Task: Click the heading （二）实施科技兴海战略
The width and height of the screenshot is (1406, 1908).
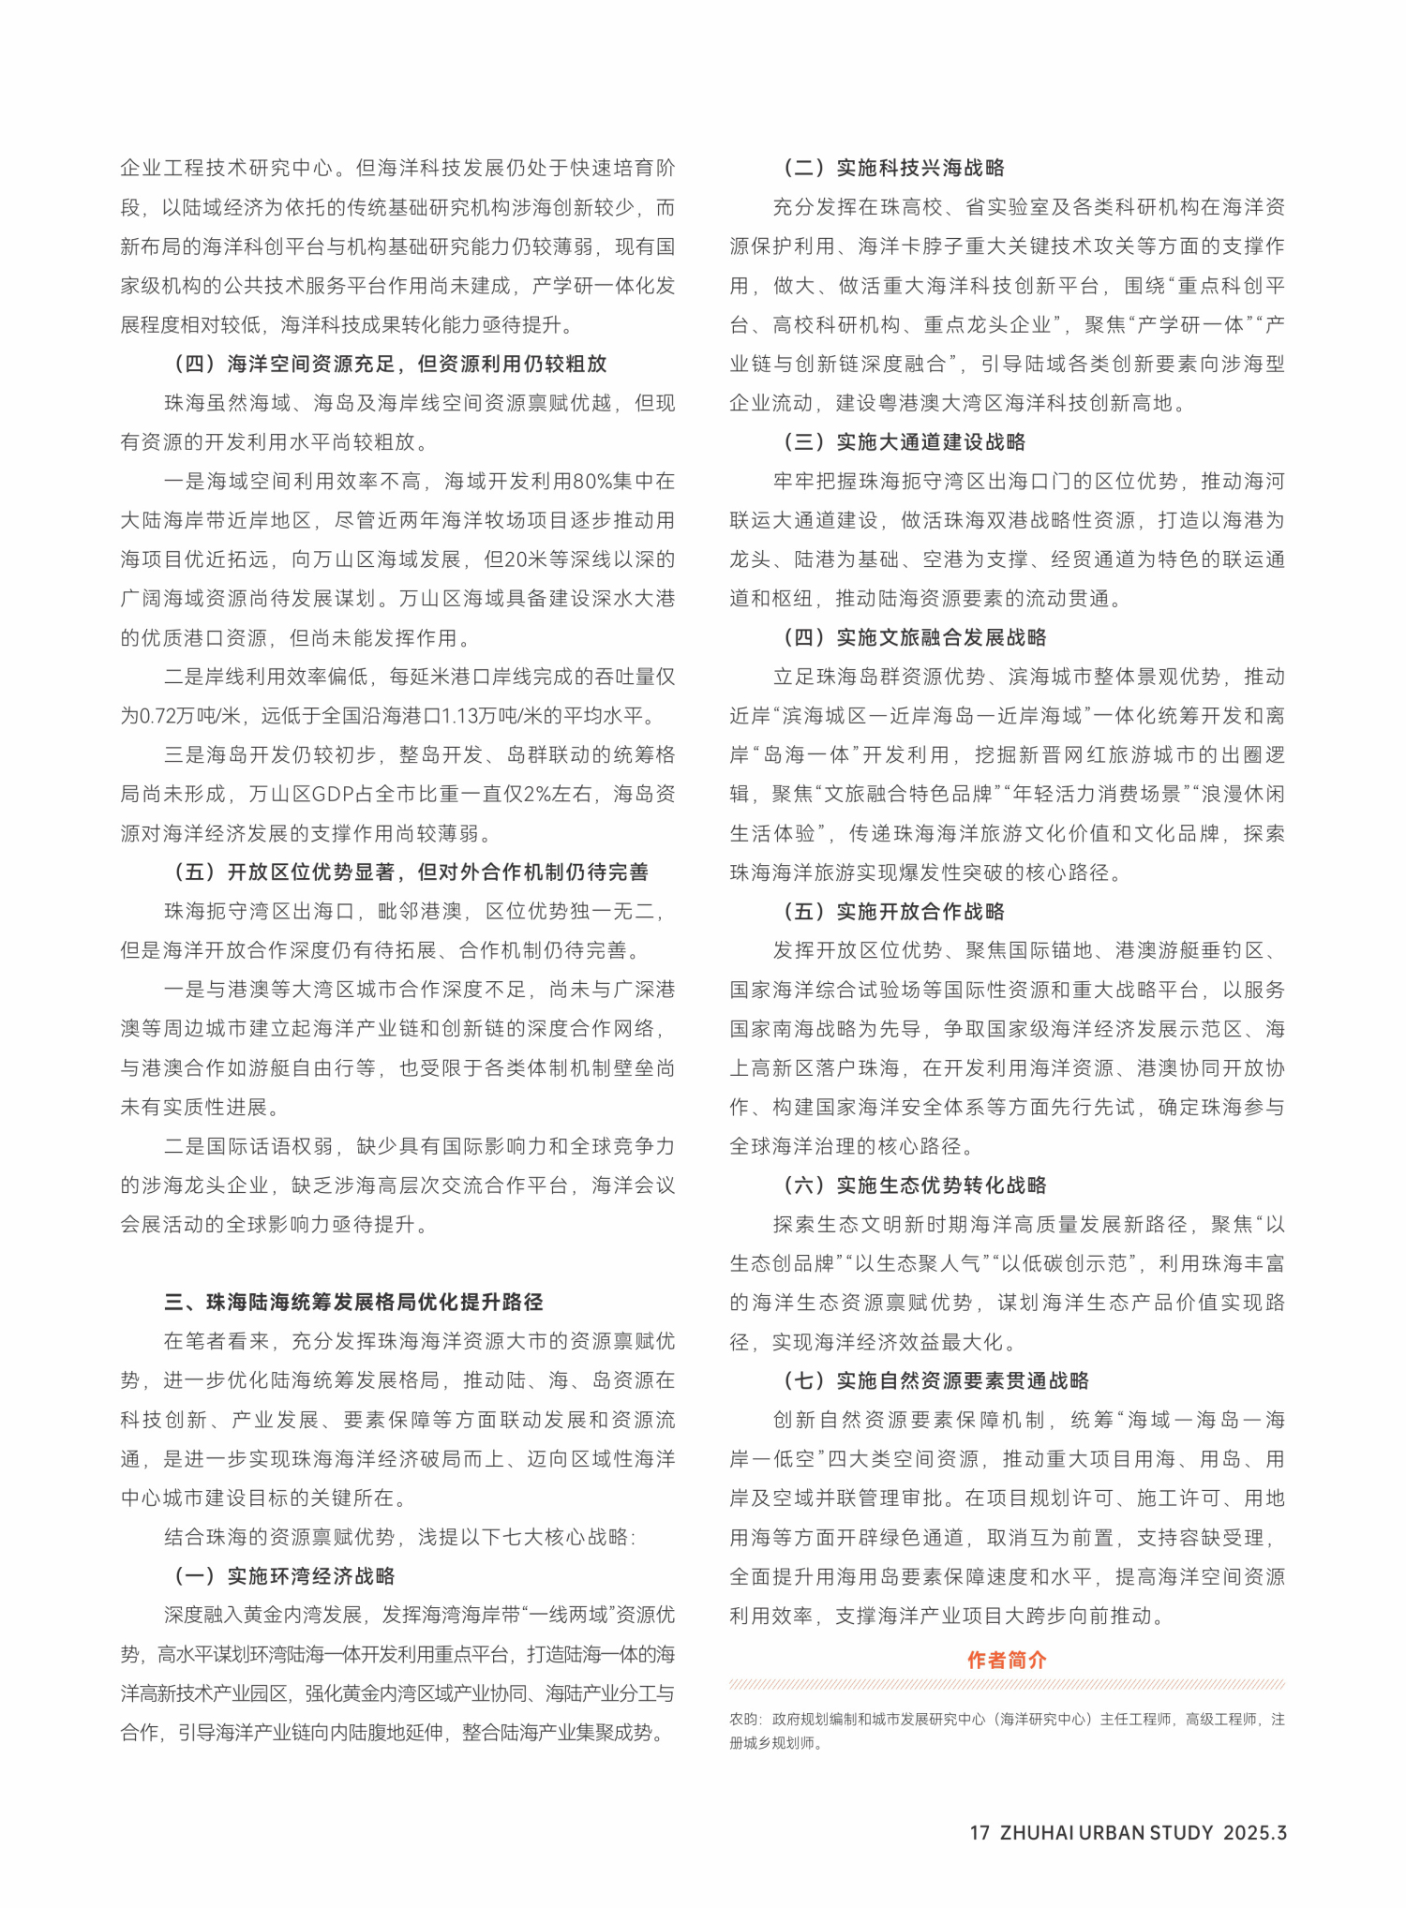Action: [x=894, y=168]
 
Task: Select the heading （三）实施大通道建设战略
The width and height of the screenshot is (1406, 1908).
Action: [x=905, y=441]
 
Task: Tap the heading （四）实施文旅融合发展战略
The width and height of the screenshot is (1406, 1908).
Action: [x=915, y=637]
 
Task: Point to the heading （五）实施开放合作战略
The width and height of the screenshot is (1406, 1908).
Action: [x=894, y=911]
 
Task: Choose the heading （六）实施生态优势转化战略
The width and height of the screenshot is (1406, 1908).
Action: [x=915, y=1185]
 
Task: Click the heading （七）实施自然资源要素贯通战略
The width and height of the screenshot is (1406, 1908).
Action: [x=936, y=1380]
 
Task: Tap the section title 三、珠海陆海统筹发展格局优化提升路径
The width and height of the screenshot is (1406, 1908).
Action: [x=353, y=1302]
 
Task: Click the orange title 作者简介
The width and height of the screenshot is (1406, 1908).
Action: [x=1007, y=1660]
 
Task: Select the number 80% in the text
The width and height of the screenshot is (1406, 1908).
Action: [x=591, y=482]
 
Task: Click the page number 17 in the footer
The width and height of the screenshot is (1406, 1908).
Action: [x=980, y=1833]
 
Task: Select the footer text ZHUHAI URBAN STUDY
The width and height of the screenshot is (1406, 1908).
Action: [x=1106, y=1833]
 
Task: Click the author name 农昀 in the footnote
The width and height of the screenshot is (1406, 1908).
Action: [x=743, y=1719]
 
